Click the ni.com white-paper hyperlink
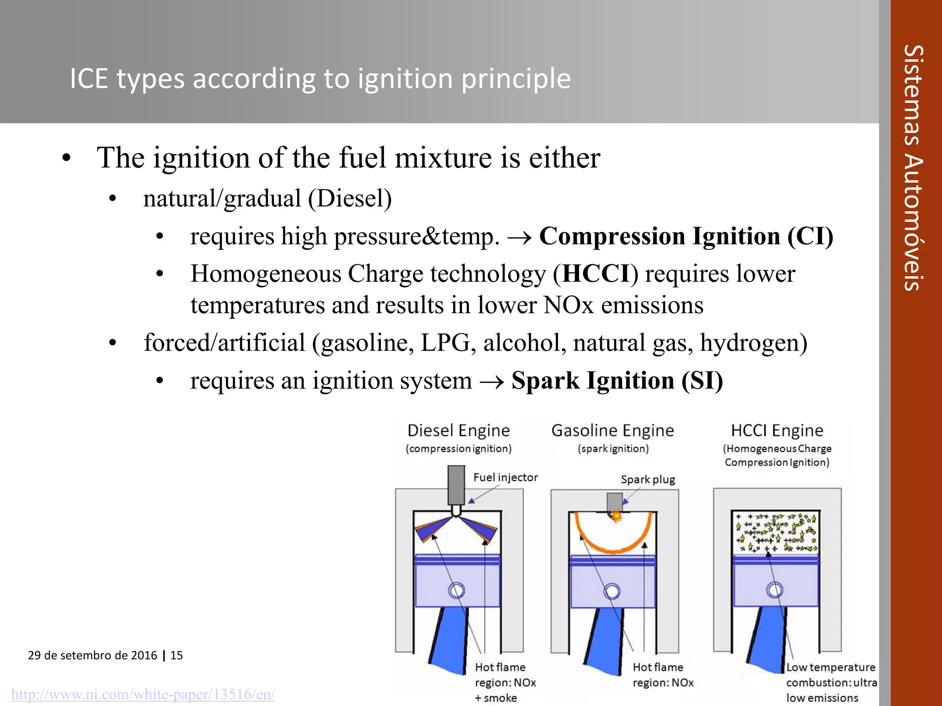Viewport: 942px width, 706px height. click(143, 694)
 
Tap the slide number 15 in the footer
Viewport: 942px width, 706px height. click(177, 655)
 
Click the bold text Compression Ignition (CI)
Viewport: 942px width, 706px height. click(686, 236)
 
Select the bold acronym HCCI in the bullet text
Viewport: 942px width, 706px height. click(596, 274)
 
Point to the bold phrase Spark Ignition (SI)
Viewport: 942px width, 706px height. click(617, 381)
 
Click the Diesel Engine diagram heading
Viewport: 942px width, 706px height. click(459, 431)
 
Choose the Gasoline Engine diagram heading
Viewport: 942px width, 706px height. click(613, 431)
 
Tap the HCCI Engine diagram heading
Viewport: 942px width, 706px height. click(777, 431)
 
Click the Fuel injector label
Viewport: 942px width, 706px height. click(505, 478)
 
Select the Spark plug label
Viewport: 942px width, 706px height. click(648, 480)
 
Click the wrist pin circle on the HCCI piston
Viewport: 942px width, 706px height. click(775, 590)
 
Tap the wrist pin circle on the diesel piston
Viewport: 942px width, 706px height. click(457, 590)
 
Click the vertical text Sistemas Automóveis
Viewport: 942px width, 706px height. click(913, 168)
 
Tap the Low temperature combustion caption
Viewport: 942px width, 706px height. click(830, 683)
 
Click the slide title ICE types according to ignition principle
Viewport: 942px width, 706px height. click(320, 79)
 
